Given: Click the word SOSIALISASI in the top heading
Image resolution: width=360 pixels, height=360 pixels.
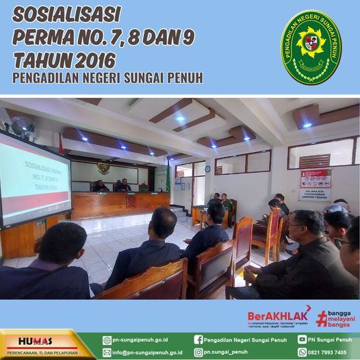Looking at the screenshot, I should (x=66, y=14).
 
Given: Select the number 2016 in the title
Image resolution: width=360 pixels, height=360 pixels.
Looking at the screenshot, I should (x=86, y=60).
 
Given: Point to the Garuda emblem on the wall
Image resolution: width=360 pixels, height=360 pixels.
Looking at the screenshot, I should (x=103, y=168).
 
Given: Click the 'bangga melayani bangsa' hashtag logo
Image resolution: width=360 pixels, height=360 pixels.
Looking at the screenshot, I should (x=336, y=318).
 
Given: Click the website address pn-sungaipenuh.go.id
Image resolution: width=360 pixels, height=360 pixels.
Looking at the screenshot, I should (x=141, y=339).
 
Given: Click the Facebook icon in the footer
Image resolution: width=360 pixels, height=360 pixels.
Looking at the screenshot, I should (x=198, y=339).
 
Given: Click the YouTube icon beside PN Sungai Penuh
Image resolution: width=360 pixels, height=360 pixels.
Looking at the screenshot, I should (x=302, y=339).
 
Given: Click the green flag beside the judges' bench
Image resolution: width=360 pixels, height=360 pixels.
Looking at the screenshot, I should (x=168, y=177).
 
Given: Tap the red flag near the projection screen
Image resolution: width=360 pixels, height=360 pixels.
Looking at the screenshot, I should (x=61, y=145).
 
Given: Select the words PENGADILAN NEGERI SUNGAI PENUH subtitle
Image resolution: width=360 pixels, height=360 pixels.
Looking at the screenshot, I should (x=107, y=78).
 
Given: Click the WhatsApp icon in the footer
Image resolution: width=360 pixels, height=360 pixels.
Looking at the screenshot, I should (x=302, y=352).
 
